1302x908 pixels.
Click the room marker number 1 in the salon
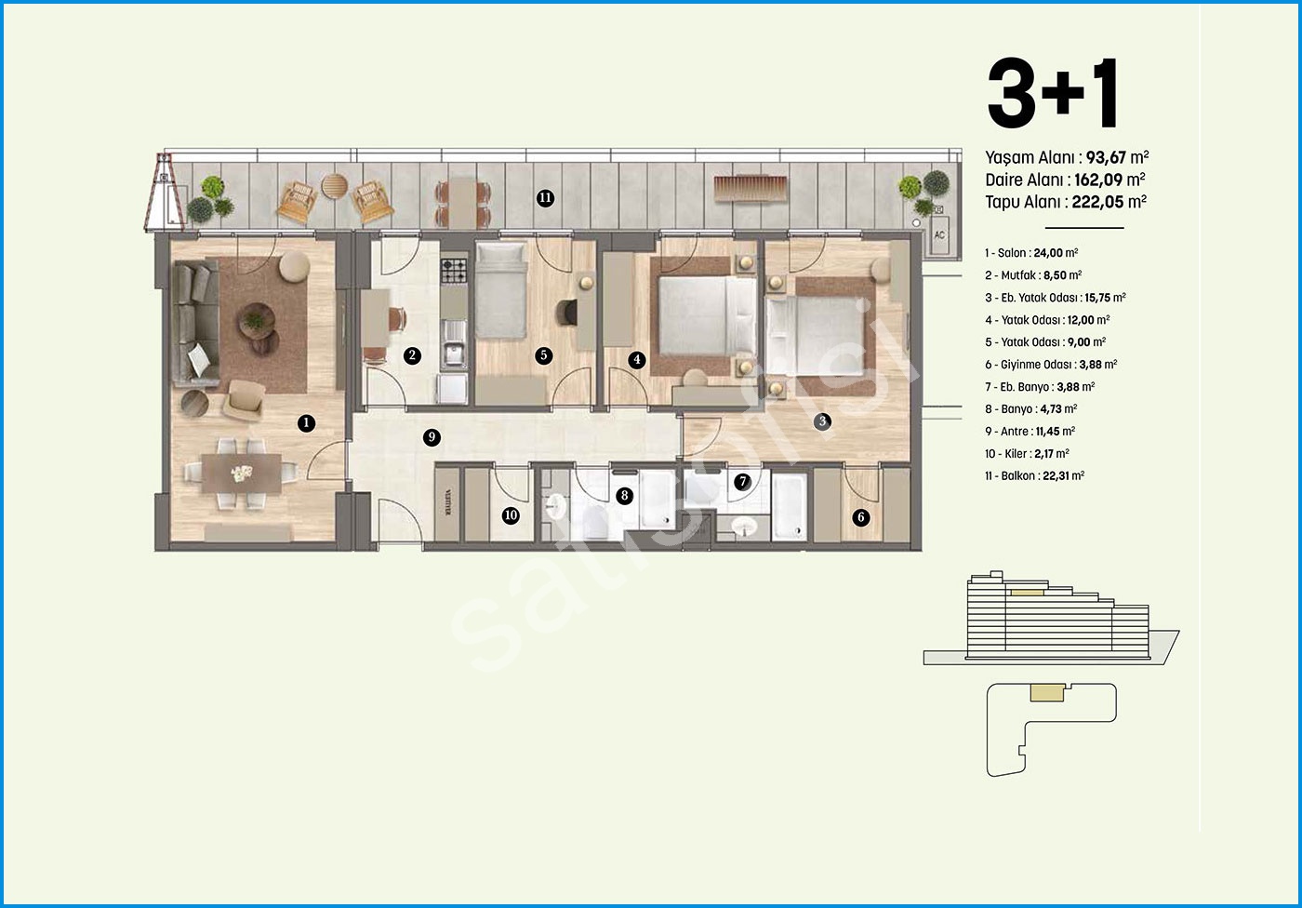pyautogui.click(x=306, y=423)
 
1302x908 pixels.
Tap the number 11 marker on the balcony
pyautogui.click(x=545, y=198)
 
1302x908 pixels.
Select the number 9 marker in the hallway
pyautogui.click(x=432, y=437)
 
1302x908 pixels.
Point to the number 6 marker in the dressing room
pyautogui.click(x=861, y=516)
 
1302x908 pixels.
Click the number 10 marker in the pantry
pyautogui.click(x=511, y=515)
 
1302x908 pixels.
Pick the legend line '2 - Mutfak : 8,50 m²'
pyautogui.click(x=1033, y=275)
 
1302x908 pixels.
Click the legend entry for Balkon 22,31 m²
pyautogui.click(x=1034, y=475)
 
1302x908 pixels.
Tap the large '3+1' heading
pyautogui.click(x=1053, y=93)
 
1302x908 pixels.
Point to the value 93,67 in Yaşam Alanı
pyautogui.click(x=1106, y=157)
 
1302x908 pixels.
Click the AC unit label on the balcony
pyautogui.click(x=939, y=234)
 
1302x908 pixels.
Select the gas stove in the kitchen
pyautogui.click(x=454, y=271)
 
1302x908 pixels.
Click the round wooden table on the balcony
pyautogui.click(x=334, y=187)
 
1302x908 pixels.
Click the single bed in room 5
pyautogui.click(x=501, y=290)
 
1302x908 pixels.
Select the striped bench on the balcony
pyautogui.click(x=751, y=188)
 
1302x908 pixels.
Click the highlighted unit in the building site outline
pyautogui.click(x=1047, y=692)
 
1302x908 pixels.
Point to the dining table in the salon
pyautogui.click(x=241, y=474)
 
